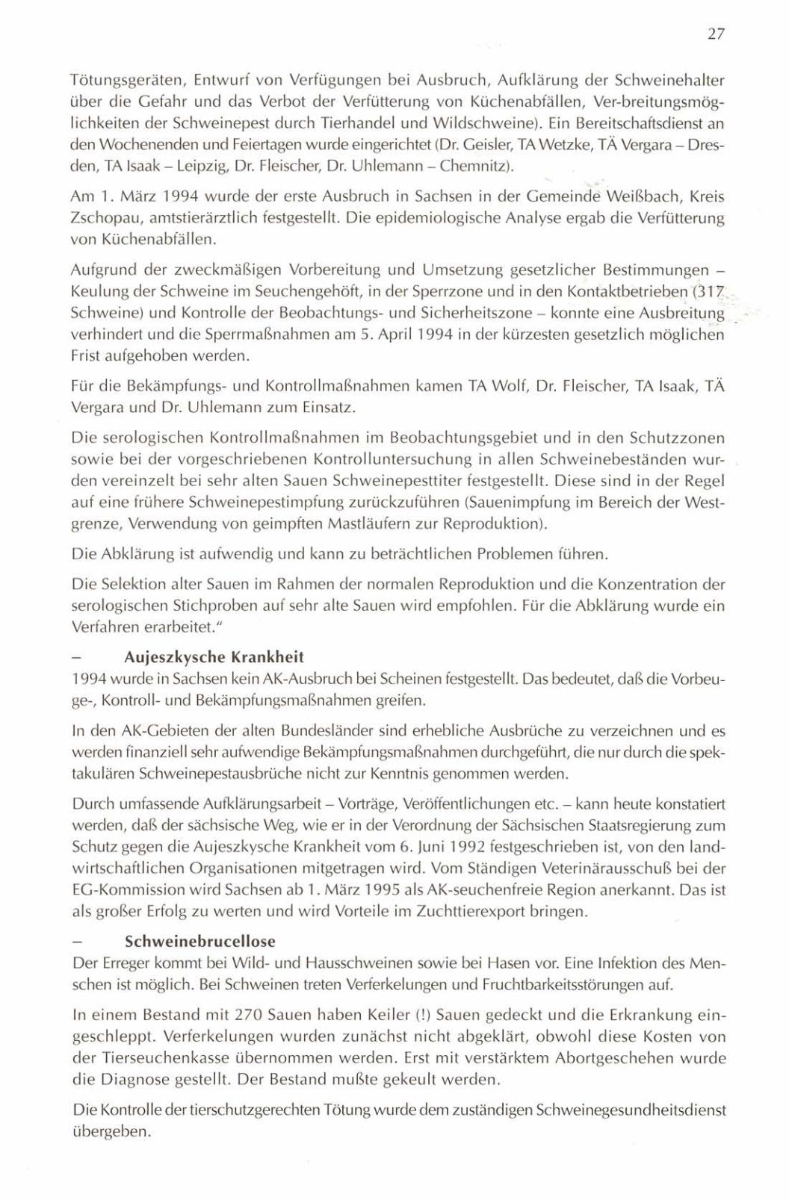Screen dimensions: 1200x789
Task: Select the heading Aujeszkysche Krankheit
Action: coord(214,657)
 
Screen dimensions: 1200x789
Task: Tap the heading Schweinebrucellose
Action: coord(199,941)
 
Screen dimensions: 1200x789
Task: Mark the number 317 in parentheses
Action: coord(706,290)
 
